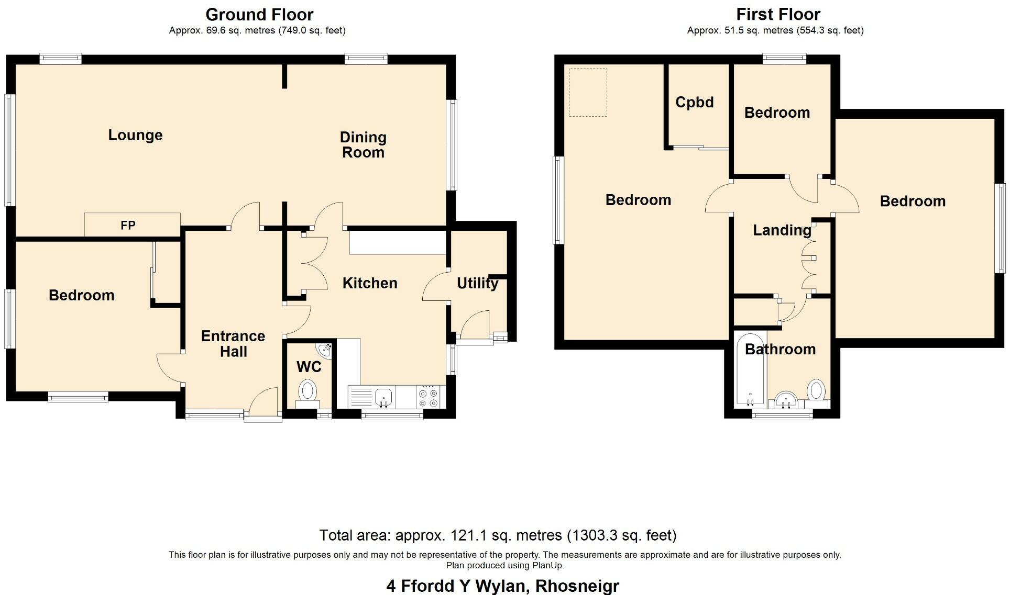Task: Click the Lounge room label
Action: pos(135,135)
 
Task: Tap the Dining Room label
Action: pos(363,145)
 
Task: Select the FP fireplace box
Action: pos(133,224)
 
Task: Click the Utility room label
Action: pos(477,283)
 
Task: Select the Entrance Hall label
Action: pos(233,343)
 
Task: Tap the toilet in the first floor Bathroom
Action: pos(816,394)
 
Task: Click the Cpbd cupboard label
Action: pos(694,102)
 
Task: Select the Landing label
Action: pos(782,230)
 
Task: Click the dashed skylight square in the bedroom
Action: pos(588,93)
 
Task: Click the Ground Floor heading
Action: pos(259,14)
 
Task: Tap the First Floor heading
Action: pos(778,14)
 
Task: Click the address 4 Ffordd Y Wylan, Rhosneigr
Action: pos(502,585)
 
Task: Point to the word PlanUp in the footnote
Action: pos(547,566)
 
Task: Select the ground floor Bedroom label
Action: pos(81,295)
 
